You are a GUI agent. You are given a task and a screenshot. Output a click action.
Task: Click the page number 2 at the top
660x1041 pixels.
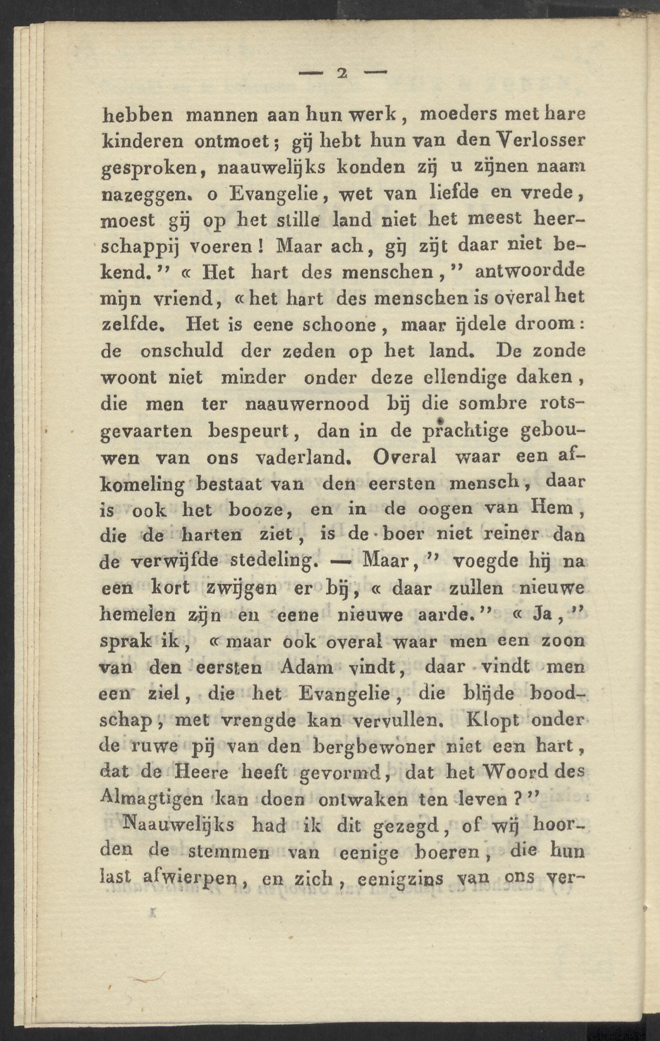[x=341, y=73]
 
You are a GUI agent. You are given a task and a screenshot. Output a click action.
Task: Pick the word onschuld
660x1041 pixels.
[x=182, y=350]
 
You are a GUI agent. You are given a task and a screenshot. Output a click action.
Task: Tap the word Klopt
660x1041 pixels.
[x=491, y=720]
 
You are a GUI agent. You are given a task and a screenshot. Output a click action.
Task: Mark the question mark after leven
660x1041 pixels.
[x=517, y=798]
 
